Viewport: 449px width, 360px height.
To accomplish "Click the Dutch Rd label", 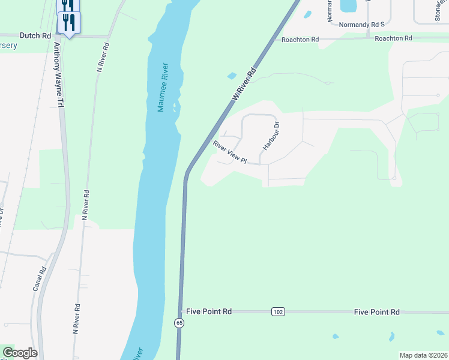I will click(x=35, y=36).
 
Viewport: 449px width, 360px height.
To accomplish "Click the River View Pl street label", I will click(x=230, y=152).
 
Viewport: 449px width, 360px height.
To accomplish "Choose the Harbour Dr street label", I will click(x=270, y=136).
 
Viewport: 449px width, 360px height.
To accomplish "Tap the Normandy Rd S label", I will click(x=361, y=25).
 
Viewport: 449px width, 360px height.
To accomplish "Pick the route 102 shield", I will click(x=277, y=312).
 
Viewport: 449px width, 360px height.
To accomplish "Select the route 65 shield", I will click(x=179, y=323).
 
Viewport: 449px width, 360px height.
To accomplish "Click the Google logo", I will click(x=20, y=353).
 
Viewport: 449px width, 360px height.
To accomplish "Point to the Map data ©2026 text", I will click(x=423, y=355).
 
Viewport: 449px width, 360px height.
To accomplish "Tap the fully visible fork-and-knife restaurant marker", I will click(x=69, y=23).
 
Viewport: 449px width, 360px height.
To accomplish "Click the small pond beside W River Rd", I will click(x=231, y=76).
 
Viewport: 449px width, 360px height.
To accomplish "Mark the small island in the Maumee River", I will click(x=175, y=109).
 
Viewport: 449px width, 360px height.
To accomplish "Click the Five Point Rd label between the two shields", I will click(x=209, y=312).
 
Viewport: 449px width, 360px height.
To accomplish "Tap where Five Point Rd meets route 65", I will click(x=180, y=312).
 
